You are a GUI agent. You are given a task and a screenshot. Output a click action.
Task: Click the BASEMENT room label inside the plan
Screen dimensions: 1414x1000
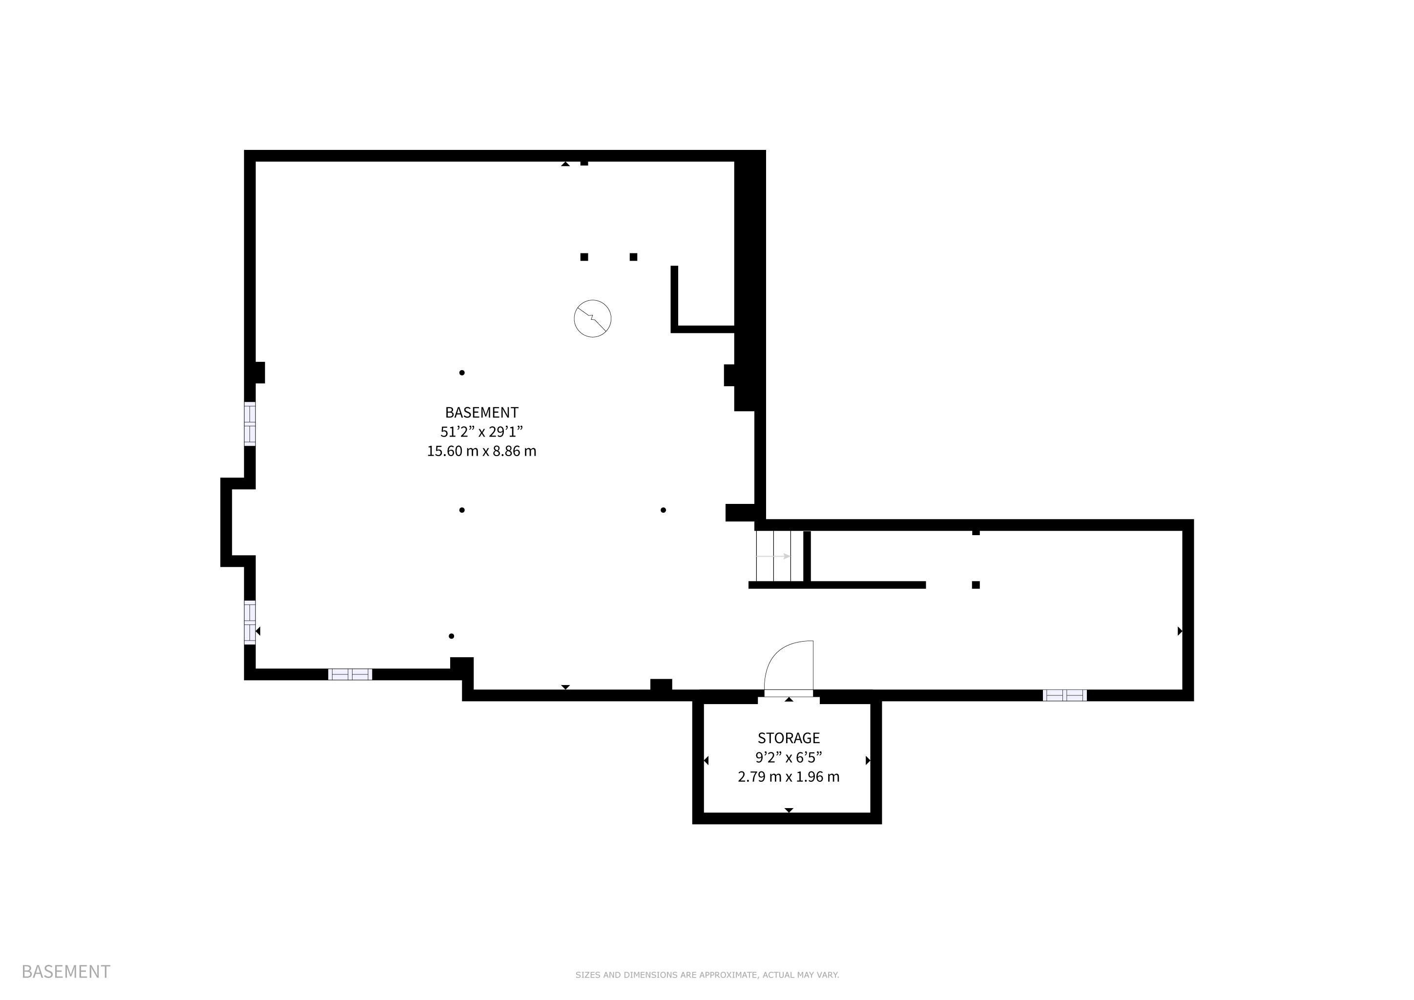[x=481, y=413]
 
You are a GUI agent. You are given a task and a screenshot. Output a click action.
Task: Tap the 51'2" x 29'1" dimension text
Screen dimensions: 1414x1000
[x=481, y=432]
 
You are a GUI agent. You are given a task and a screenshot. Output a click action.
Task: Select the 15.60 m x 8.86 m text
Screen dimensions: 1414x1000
[x=481, y=451]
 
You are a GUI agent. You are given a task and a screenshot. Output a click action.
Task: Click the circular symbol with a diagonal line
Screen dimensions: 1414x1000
[x=592, y=318]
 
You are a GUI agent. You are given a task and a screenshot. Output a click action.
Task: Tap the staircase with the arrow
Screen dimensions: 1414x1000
[x=780, y=556]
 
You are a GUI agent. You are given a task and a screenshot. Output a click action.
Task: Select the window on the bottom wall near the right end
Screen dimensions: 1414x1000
[x=1064, y=695]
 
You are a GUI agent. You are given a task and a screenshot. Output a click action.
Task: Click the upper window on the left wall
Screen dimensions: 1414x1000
[x=250, y=424]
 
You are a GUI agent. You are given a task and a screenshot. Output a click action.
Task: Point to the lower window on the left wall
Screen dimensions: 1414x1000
[x=250, y=622]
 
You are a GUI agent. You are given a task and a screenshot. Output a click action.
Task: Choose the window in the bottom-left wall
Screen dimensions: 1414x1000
[x=350, y=674]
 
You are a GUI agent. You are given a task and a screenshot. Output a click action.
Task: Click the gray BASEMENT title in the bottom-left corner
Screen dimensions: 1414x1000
[x=66, y=971]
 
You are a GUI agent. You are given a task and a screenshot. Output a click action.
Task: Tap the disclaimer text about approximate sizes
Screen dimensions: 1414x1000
[x=707, y=975]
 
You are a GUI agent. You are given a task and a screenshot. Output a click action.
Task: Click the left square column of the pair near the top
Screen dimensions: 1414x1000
[x=584, y=257]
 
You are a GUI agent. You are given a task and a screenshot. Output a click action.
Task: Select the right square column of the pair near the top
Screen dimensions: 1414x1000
[x=633, y=257]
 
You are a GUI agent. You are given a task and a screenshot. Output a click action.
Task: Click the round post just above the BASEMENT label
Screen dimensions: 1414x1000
[x=462, y=373]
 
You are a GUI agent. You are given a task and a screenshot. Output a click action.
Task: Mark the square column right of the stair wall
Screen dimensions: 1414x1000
[x=976, y=585]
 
